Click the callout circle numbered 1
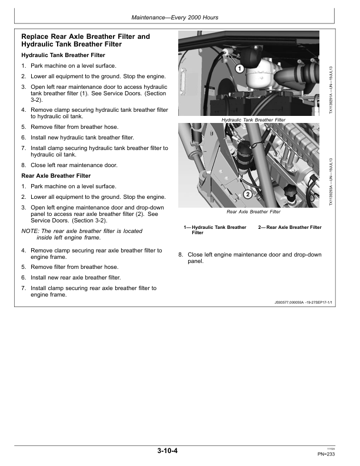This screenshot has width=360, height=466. pyautogui.click(x=239, y=69)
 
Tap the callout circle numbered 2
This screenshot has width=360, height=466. pyautogui.click(x=248, y=194)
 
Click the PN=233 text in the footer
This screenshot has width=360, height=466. pyautogui.click(x=327, y=454)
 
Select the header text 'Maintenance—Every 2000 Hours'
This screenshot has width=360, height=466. pyautogui.click(x=179, y=18)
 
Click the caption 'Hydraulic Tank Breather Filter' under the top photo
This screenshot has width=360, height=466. pyautogui.click(x=253, y=119)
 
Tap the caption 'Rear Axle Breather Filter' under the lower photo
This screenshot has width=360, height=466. pyautogui.click(x=253, y=212)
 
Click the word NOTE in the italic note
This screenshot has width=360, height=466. pyautogui.click(x=29, y=231)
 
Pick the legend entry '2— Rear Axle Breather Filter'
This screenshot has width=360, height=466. pyautogui.click(x=289, y=227)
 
